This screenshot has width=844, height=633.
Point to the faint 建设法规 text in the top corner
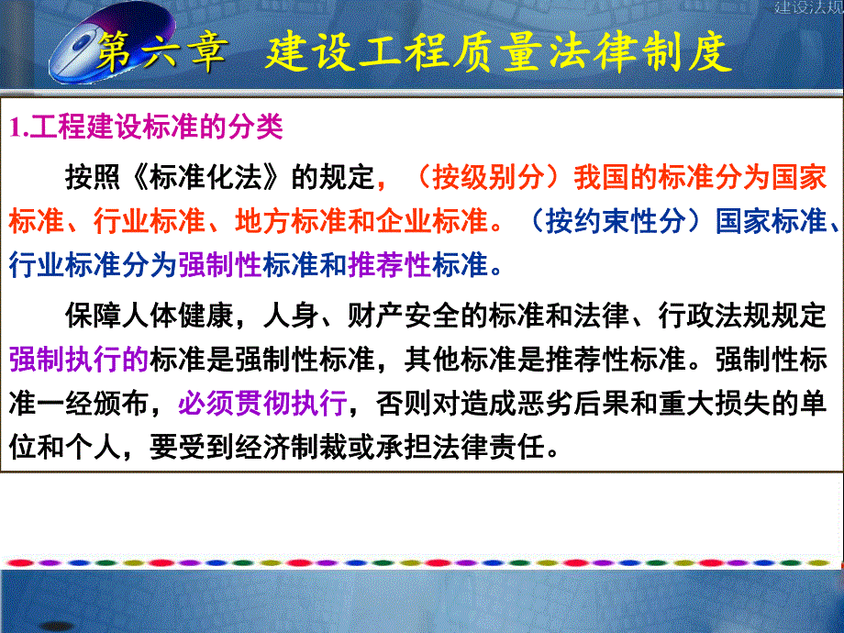tap(808, 8)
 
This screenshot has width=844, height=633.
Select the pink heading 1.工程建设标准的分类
tap(147, 128)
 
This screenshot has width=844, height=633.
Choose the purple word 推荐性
tap(390, 265)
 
